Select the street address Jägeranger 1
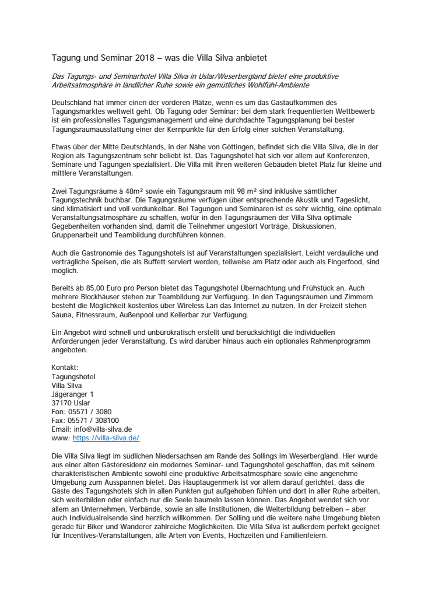pos(73,394)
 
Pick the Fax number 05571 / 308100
pos(93,419)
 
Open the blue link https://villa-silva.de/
pos(106,437)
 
